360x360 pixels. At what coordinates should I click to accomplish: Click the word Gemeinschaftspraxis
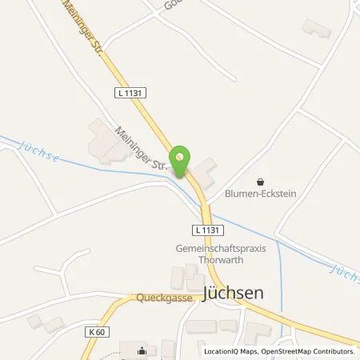click(x=221, y=249)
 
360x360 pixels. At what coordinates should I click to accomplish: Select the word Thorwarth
click(x=221, y=261)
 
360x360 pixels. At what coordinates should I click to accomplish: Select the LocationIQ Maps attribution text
click(x=231, y=351)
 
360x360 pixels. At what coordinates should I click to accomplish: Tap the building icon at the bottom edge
click(x=143, y=350)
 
